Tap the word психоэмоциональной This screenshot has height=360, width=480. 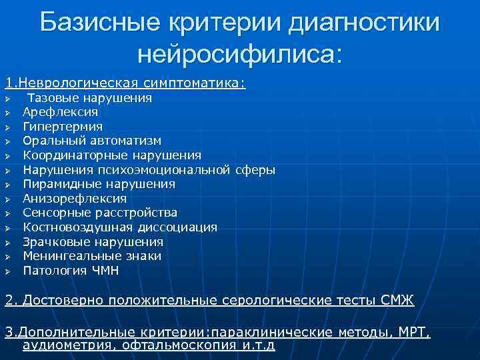167,169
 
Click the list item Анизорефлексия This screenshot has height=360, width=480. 75,199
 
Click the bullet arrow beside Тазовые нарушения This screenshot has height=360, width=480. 7,98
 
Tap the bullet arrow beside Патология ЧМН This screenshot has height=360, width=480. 7,271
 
